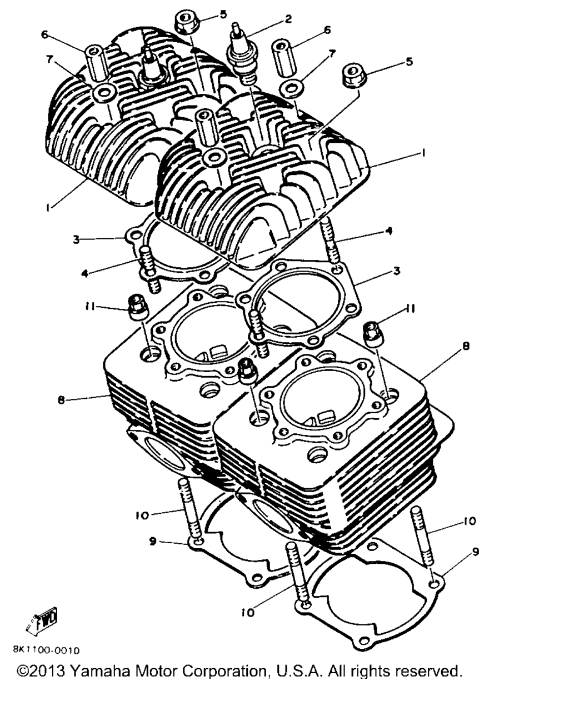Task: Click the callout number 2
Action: click(x=288, y=19)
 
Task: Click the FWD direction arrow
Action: click(x=42, y=618)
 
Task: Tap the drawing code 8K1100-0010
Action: click(x=46, y=650)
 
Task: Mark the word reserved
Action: click(x=428, y=671)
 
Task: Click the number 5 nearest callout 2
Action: click(x=223, y=15)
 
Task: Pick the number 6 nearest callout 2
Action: click(x=327, y=30)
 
